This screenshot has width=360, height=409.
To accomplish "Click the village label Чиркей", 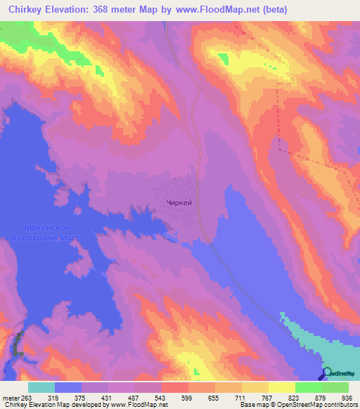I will (x=179, y=202).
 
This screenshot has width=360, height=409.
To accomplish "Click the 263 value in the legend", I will (x=27, y=397).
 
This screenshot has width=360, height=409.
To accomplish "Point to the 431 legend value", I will (x=108, y=397).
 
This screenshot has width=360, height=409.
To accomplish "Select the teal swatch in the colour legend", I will (x=41, y=387).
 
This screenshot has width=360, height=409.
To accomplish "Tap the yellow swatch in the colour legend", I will (x=281, y=387).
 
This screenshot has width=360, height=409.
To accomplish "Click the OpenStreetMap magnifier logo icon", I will (x=327, y=375).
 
